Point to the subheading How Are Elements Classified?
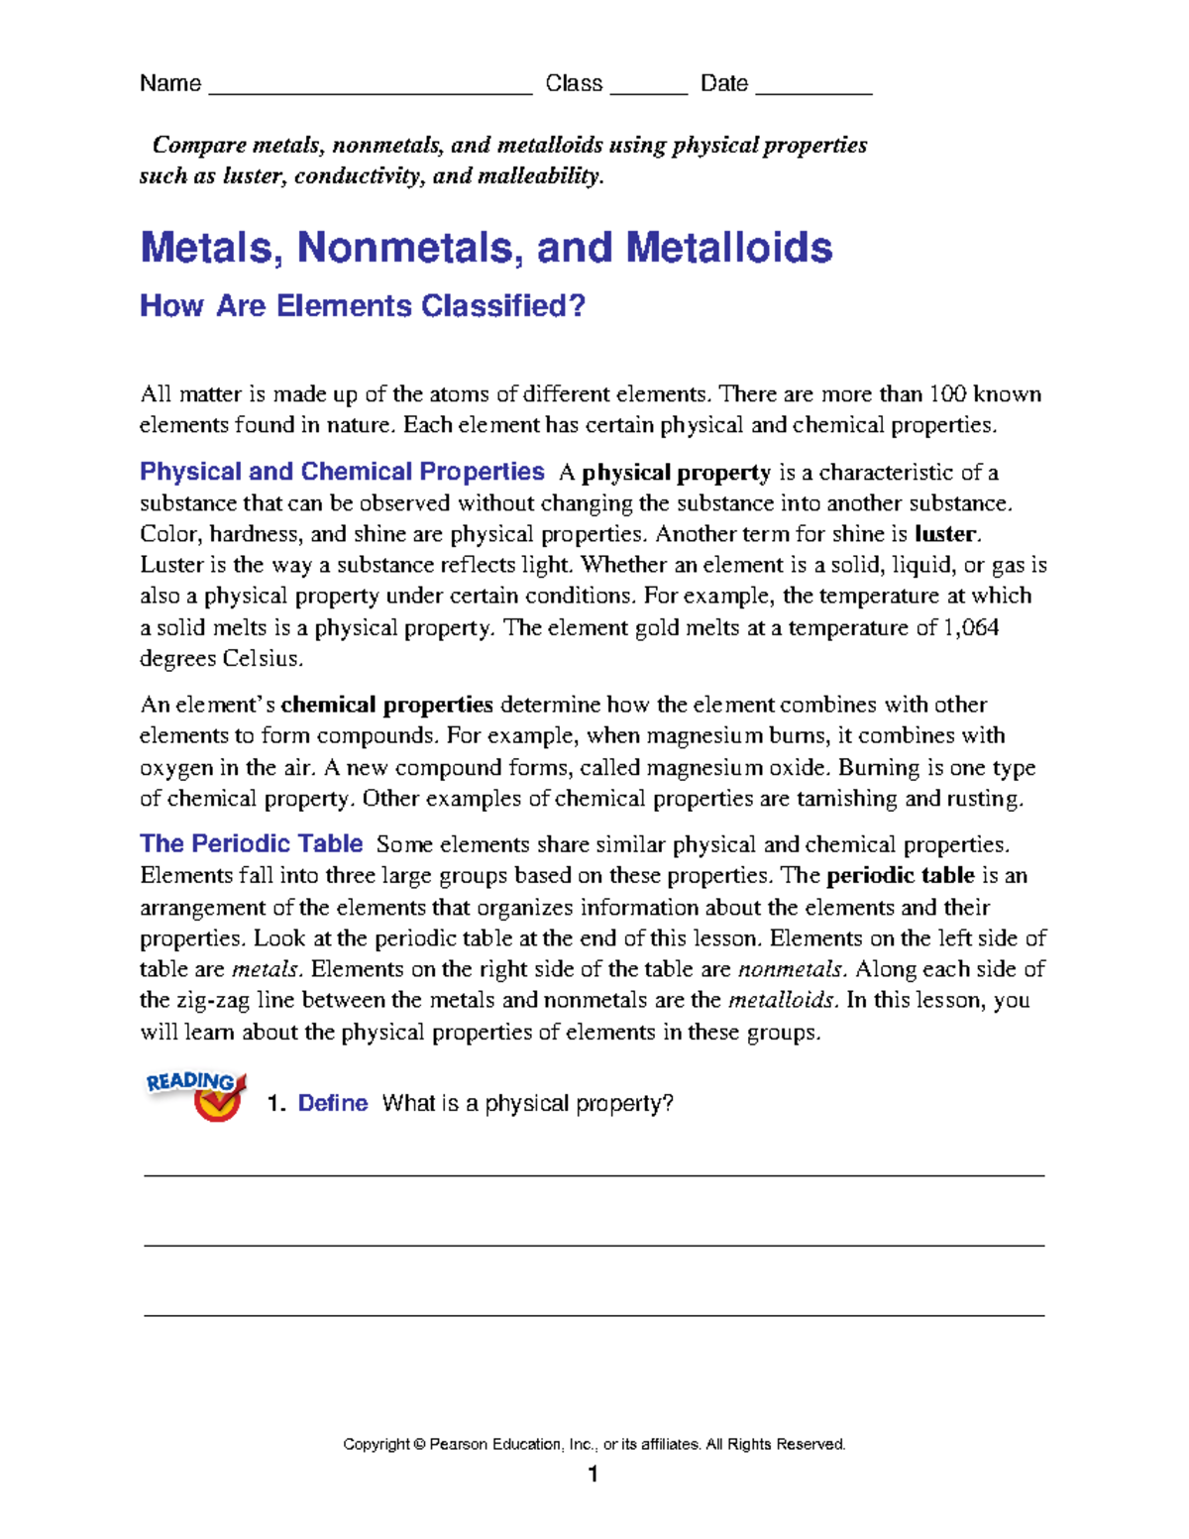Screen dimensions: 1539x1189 click(363, 306)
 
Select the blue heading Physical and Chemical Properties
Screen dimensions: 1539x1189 click(342, 472)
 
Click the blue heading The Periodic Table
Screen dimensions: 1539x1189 click(251, 844)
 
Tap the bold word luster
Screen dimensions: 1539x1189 click(946, 534)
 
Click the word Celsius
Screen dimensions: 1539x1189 click(262, 659)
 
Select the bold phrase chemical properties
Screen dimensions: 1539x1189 click(386, 705)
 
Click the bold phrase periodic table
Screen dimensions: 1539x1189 click(900, 876)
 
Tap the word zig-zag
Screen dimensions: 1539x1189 click(194, 1000)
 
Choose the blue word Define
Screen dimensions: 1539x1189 click(332, 1104)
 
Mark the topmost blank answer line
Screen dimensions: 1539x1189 click(594, 1174)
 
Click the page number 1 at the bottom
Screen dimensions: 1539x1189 click(593, 1476)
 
